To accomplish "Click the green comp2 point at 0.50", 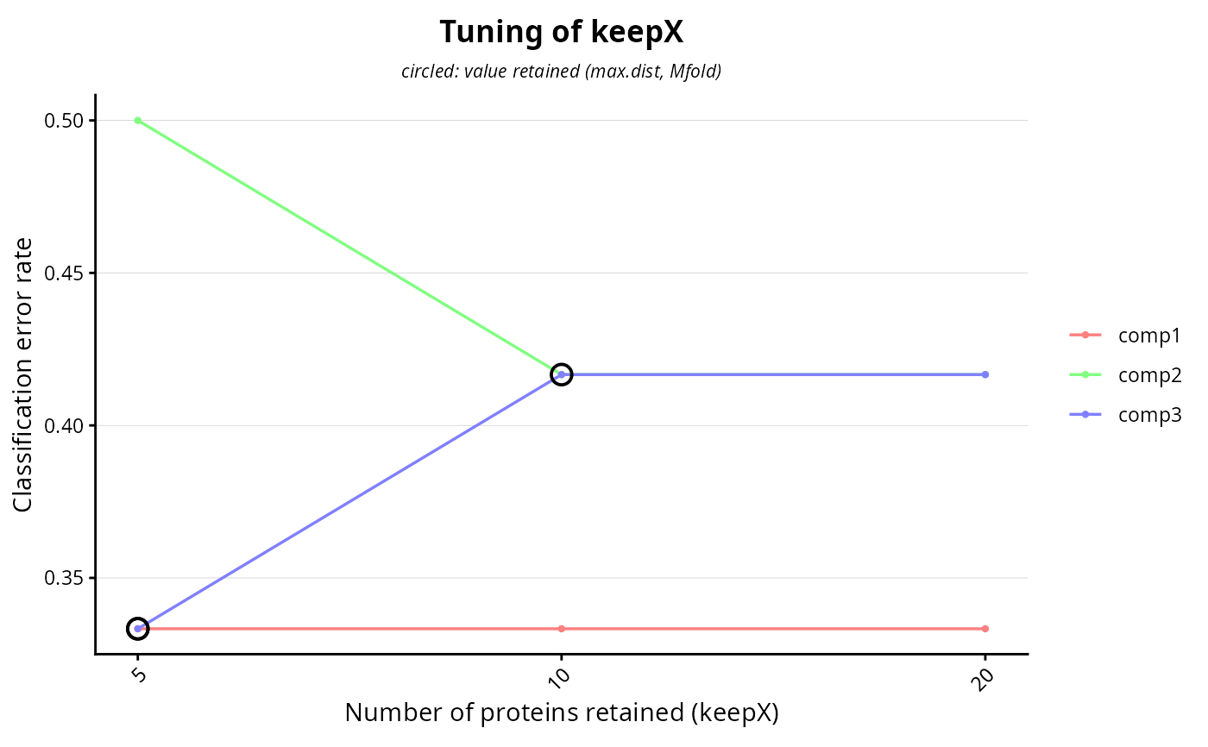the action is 138,121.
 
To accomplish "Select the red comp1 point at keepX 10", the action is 562,629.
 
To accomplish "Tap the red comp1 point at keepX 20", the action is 985,629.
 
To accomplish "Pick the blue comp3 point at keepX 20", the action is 985,374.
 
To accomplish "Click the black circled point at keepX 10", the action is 562,364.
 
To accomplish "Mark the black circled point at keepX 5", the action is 137,618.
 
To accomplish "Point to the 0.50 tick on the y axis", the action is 91,121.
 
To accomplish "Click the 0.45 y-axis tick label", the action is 64,273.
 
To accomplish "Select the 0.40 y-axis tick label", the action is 64,426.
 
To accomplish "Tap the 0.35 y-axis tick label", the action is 64,578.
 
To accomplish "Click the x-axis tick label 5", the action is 139,675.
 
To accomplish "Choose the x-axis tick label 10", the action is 559,679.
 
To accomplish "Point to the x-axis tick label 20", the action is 983,679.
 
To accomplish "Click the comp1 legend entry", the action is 1125,336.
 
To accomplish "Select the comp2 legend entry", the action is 1125,375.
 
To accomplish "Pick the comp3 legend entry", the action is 1125,414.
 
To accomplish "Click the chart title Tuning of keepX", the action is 562,32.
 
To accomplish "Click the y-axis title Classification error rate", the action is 22,374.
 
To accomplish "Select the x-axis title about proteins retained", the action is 562,712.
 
